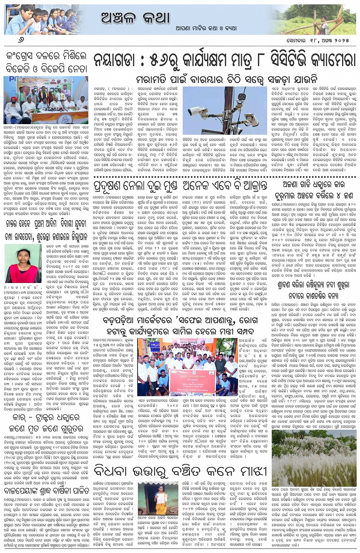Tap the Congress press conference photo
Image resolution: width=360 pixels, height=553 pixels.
[x=45, y=100]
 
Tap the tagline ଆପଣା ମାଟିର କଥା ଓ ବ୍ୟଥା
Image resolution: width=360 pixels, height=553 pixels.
[x=206, y=28]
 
